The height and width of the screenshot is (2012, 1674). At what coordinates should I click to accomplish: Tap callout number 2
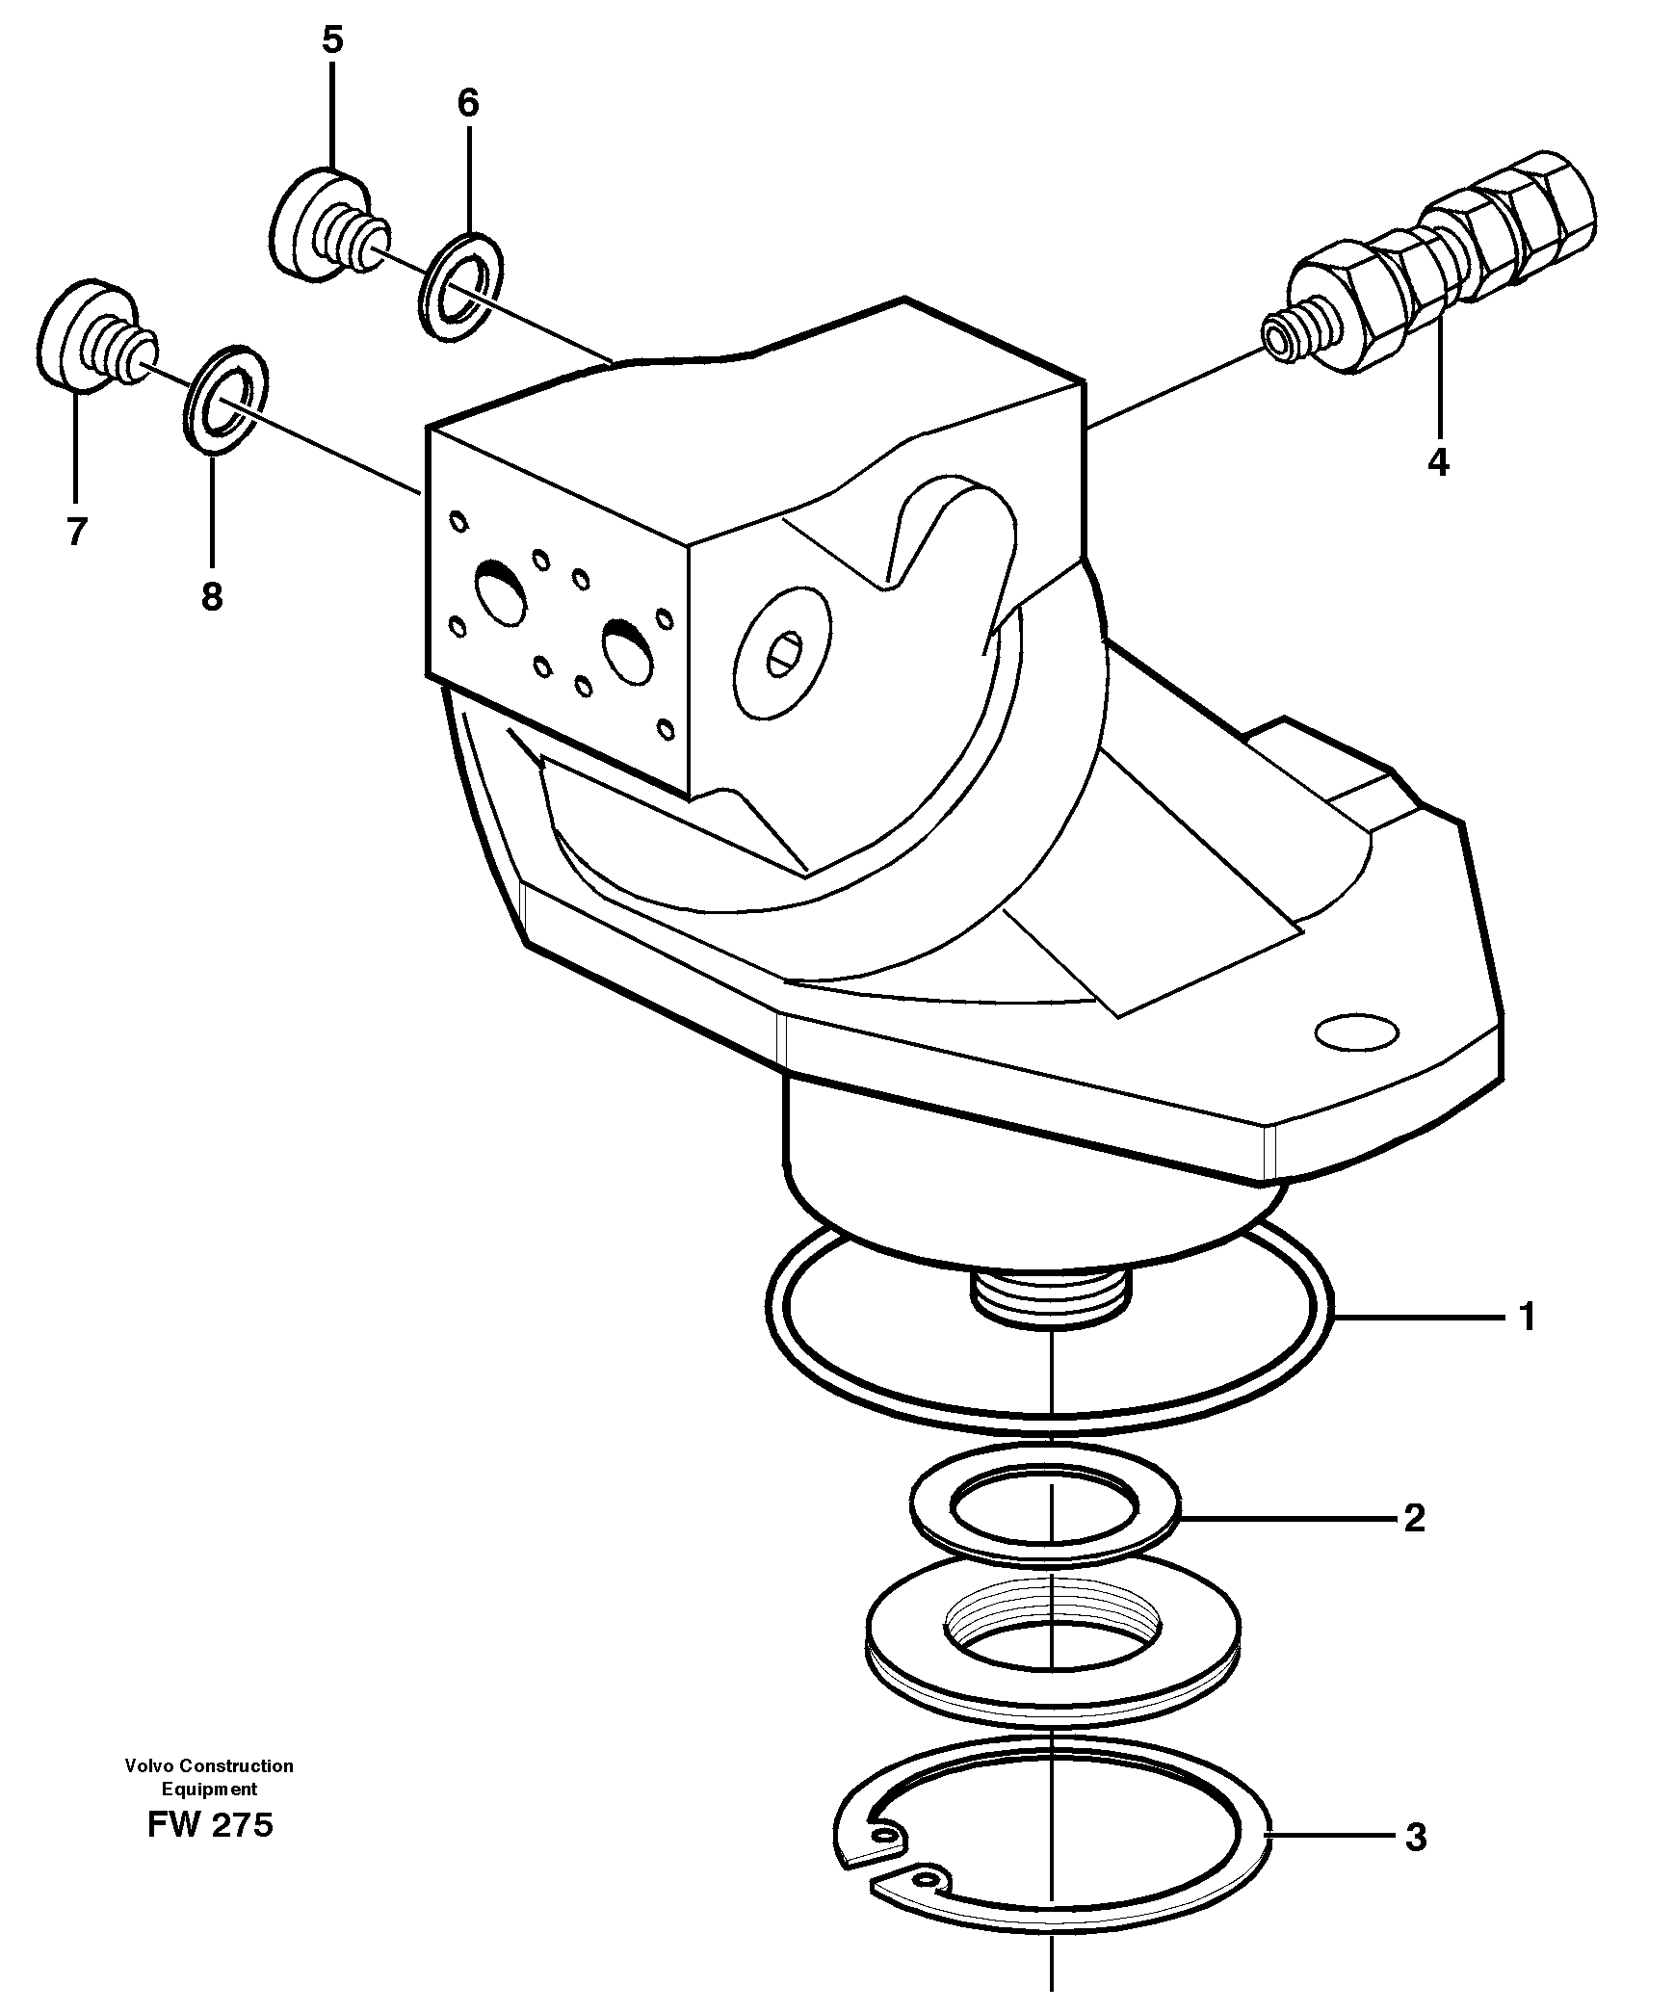tap(1414, 1519)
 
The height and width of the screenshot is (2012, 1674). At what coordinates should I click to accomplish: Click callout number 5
tap(331, 40)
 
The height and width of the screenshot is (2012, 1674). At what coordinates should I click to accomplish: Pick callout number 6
tap(467, 103)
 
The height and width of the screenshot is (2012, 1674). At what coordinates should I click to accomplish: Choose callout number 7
tap(76, 532)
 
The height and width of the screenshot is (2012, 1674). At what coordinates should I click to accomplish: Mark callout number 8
tap(212, 596)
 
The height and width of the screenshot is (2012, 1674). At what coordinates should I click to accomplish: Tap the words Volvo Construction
tap(209, 1765)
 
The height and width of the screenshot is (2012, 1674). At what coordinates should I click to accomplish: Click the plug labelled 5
tap(323, 226)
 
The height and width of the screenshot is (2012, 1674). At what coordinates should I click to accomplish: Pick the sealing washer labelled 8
tap(223, 396)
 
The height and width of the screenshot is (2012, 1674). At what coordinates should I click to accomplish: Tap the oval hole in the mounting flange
tap(1356, 1032)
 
